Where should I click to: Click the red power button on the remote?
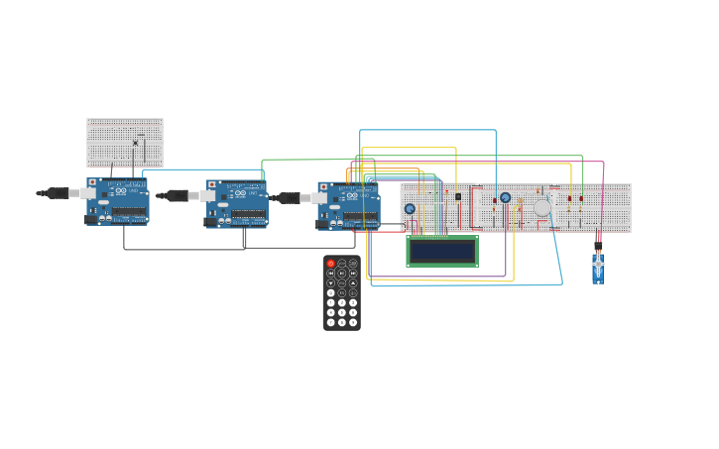pos(331,264)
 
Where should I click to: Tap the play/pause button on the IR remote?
pos(342,273)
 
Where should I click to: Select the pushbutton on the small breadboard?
pos(136,143)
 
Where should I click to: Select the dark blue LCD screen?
pos(442,251)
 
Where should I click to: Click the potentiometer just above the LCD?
pos(410,209)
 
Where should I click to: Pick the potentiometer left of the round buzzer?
pos(505,198)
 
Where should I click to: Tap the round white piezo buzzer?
pos(542,208)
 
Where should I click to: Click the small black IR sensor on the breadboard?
pos(458,196)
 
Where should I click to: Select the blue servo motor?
pos(598,268)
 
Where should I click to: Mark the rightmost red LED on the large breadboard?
pos(581,199)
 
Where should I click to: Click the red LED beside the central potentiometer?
pos(495,200)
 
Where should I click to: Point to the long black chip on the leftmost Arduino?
pos(130,211)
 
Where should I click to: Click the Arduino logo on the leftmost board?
pos(121,191)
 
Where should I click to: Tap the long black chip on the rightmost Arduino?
pos(360,215)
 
